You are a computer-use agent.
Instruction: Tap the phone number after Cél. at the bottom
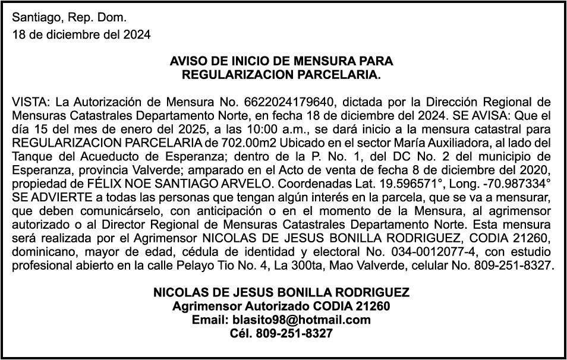[294, 334]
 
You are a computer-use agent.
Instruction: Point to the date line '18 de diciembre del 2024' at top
[81, 34]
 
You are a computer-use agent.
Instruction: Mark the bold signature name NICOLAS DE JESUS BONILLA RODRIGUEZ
[281, 293]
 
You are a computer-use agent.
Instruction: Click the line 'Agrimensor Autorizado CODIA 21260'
[281, 307]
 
